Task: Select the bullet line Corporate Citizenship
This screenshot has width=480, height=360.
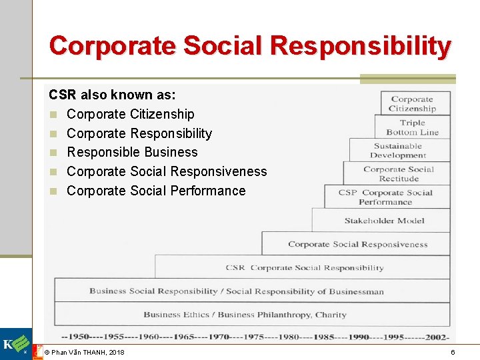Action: [x=131, y=114]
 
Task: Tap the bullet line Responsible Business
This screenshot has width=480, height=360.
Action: [x=132, y=152]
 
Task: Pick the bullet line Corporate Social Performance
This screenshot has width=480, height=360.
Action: [x=156, y=191]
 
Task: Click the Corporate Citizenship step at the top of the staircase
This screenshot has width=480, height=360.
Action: [x=412, y=104]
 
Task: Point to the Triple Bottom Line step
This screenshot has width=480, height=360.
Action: [x=412, y=127]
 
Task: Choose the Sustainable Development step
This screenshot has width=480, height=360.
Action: [x=398, y=151]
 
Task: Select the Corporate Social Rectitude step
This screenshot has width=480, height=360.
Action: [x=398, y=174]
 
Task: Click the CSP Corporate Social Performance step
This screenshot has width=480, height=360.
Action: [x=385, y=197]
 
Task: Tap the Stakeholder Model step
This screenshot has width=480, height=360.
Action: [x=384, y=221]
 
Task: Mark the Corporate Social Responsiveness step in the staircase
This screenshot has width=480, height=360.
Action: [x=357, y=244]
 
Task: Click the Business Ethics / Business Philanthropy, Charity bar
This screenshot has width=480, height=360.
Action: [x=245, y=315]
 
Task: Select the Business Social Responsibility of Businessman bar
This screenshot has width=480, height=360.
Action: [x=237, y=291]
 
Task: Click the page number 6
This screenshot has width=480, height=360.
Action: [x=453, y=352]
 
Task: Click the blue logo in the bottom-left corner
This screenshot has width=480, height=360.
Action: [x=15, y=345]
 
